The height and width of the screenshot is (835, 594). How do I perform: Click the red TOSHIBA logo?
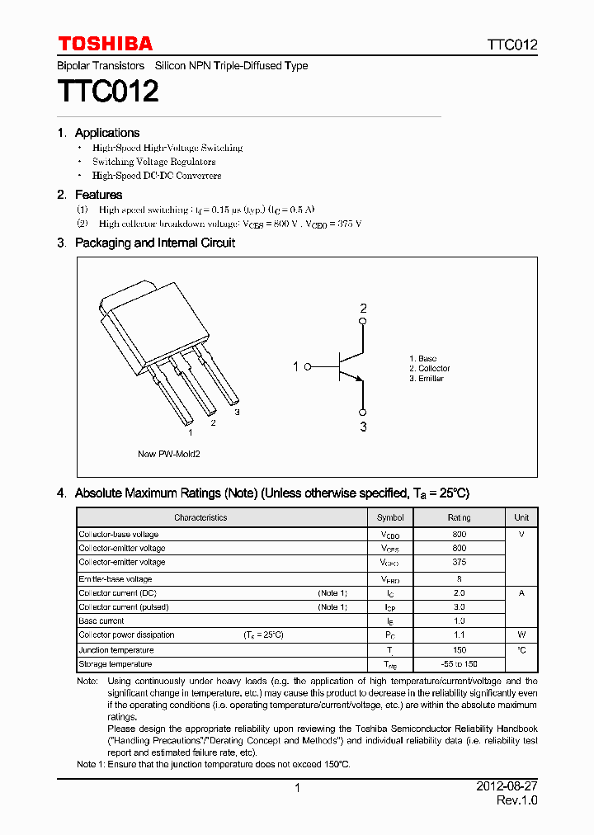105,44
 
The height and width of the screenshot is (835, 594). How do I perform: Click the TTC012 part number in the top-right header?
511,45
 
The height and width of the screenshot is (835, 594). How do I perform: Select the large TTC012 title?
107,92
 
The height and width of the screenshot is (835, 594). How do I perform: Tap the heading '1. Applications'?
98,133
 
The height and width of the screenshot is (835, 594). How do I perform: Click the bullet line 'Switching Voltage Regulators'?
153,162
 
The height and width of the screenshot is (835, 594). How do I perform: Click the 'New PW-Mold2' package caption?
168,454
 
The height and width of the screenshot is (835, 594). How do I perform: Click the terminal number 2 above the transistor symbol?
362,309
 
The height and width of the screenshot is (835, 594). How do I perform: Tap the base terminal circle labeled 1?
308,366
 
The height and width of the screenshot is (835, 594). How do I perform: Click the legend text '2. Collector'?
429,368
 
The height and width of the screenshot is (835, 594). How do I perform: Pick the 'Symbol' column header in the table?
390,517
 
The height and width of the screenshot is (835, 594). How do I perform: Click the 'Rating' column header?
459,517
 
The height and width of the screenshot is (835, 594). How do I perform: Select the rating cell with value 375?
459,562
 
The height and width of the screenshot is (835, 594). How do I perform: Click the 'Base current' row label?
101,620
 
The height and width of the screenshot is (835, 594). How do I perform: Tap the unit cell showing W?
521,635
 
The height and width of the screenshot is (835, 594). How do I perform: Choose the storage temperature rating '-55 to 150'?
459,664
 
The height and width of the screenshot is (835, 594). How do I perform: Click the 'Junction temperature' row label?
116,649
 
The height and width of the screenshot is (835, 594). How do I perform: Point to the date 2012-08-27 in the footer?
507,787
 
